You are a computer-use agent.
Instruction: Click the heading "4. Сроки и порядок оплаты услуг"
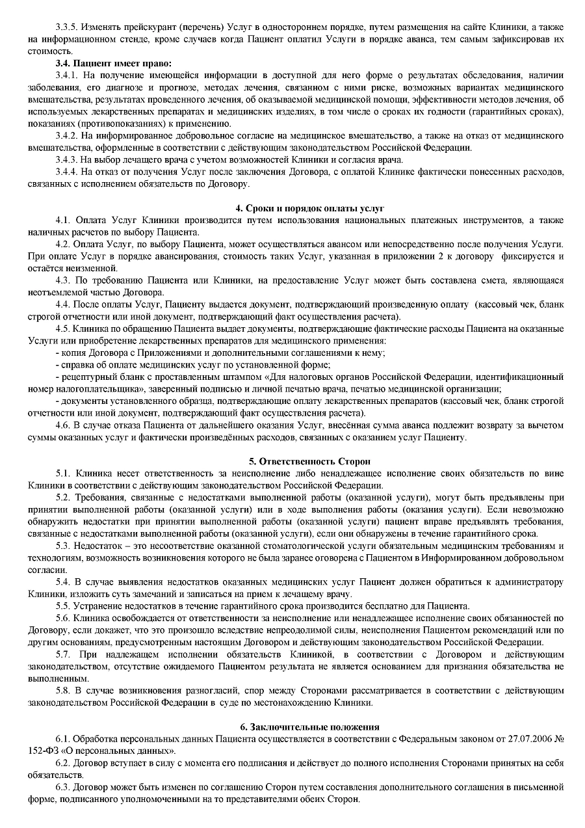point(309,208)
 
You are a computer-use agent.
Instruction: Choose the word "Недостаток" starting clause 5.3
point(97,545)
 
